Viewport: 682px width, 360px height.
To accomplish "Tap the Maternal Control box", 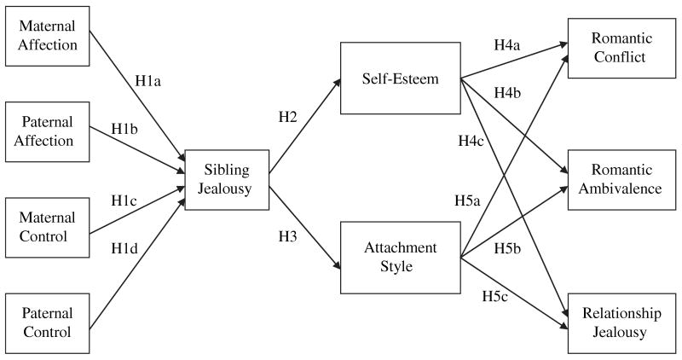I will click(x=49, y=226).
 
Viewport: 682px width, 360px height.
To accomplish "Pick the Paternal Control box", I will click(x=49, y=322).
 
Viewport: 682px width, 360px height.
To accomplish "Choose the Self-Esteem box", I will click(x=400, y=79).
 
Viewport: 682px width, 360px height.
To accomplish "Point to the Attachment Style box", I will click(x=400, y=256).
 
